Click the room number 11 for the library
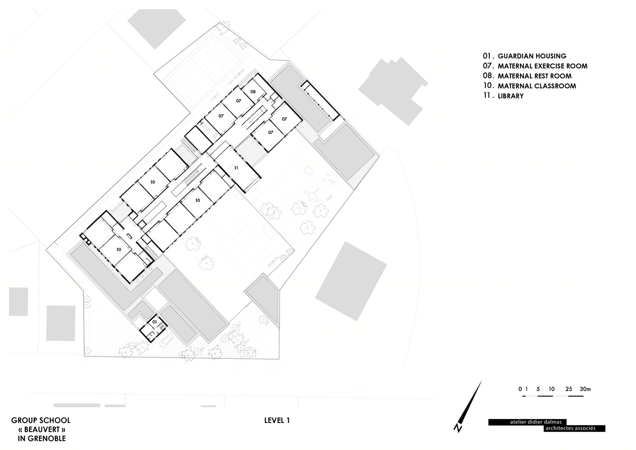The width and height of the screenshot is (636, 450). pyautogui.click(x=236, y=168)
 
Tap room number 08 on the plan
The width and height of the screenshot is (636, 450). pyautogui.click(x=253, y=91)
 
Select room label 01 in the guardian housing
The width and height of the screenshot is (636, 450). pyautogui.click(x=154, y=322)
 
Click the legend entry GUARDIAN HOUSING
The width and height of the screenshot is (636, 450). pyautogui.click(x=532, y=56)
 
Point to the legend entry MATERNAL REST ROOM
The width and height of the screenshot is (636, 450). pyautogui.click(x=535, y=76)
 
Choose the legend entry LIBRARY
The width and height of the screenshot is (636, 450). pyautogui.click(x=511, y=96)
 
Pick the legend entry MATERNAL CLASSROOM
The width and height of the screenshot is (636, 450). pyautogui.click(x=537, y=86)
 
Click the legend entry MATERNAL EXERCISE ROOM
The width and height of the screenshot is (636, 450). pyautogui.click(x=542, y=66)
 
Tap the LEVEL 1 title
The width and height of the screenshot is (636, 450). pyautogui.click(x=277, y=420)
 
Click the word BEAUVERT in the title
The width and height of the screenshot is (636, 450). pyautogui.click(x=42, y=429)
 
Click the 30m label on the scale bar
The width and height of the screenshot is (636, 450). pyautogui.click(x=585, y=389)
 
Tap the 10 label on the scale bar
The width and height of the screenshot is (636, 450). pyautogui.click(x=551, y=389)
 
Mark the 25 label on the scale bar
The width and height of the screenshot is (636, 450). pyautogui.click(x=569, y=389)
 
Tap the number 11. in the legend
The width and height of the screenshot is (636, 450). pyautogui.click(x=487, y=96)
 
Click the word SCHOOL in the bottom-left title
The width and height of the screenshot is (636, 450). pyautogui.click(x=57, y=420)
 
